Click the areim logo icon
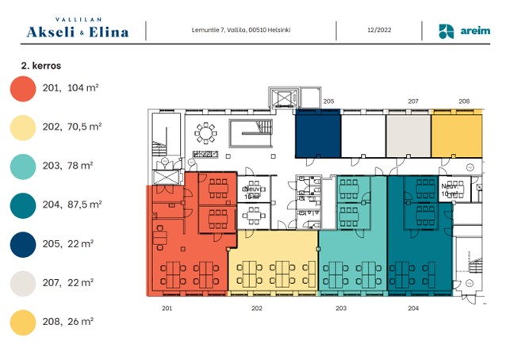click(447, 31)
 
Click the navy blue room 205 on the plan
click(317, 133)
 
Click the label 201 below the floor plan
click(167, 308)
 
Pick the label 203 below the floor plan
click(342, 308)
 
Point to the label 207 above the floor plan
click(412, 101)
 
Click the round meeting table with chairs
click(209, 131)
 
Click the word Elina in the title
click(122, 32)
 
